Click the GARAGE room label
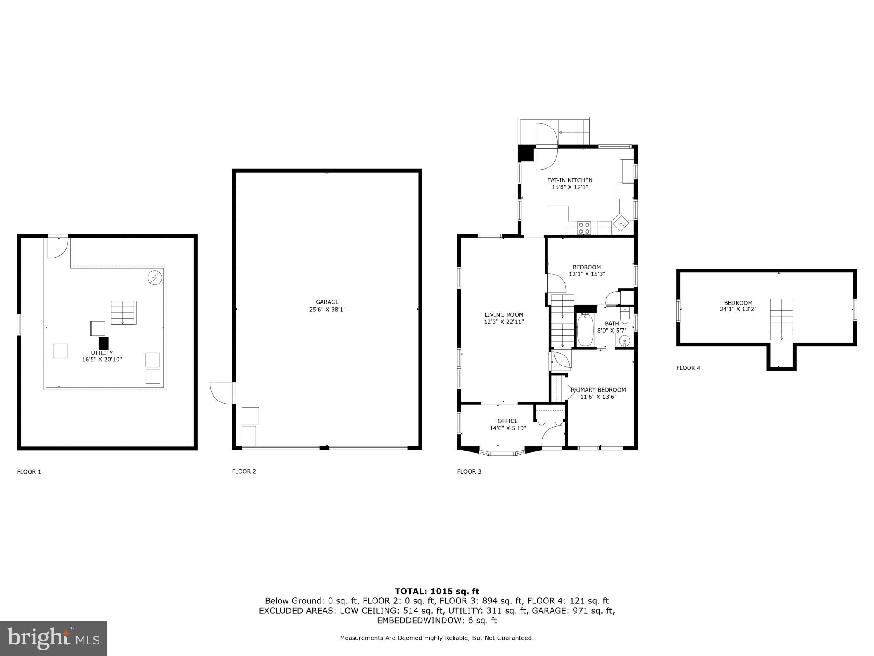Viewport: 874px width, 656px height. tap(327, 302)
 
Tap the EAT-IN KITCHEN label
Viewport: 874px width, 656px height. tap(570, 180)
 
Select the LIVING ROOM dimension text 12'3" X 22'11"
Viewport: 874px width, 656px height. tap(504, 322)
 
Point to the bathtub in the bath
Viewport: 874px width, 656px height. tap(585, 330)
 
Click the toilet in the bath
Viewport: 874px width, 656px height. tap(625, 316)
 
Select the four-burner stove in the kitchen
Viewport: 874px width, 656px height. tap(584, 228)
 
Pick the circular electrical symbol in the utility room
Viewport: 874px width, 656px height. tap(154, 278)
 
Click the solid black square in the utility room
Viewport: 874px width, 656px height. tap(103, 343)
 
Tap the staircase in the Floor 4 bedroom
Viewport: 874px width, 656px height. tap(781, 319)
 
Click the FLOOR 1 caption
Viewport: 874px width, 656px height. tap(29, 472)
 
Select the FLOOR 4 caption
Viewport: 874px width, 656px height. tap(688, 368)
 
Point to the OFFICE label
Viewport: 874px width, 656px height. tap(507, 421)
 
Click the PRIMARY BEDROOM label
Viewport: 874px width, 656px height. tap(598, 390)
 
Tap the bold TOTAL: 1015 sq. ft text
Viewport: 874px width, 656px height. tap(437, 591)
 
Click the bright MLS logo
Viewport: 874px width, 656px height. tap(53, 638)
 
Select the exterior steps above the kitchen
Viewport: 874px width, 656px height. tap(574, 132)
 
